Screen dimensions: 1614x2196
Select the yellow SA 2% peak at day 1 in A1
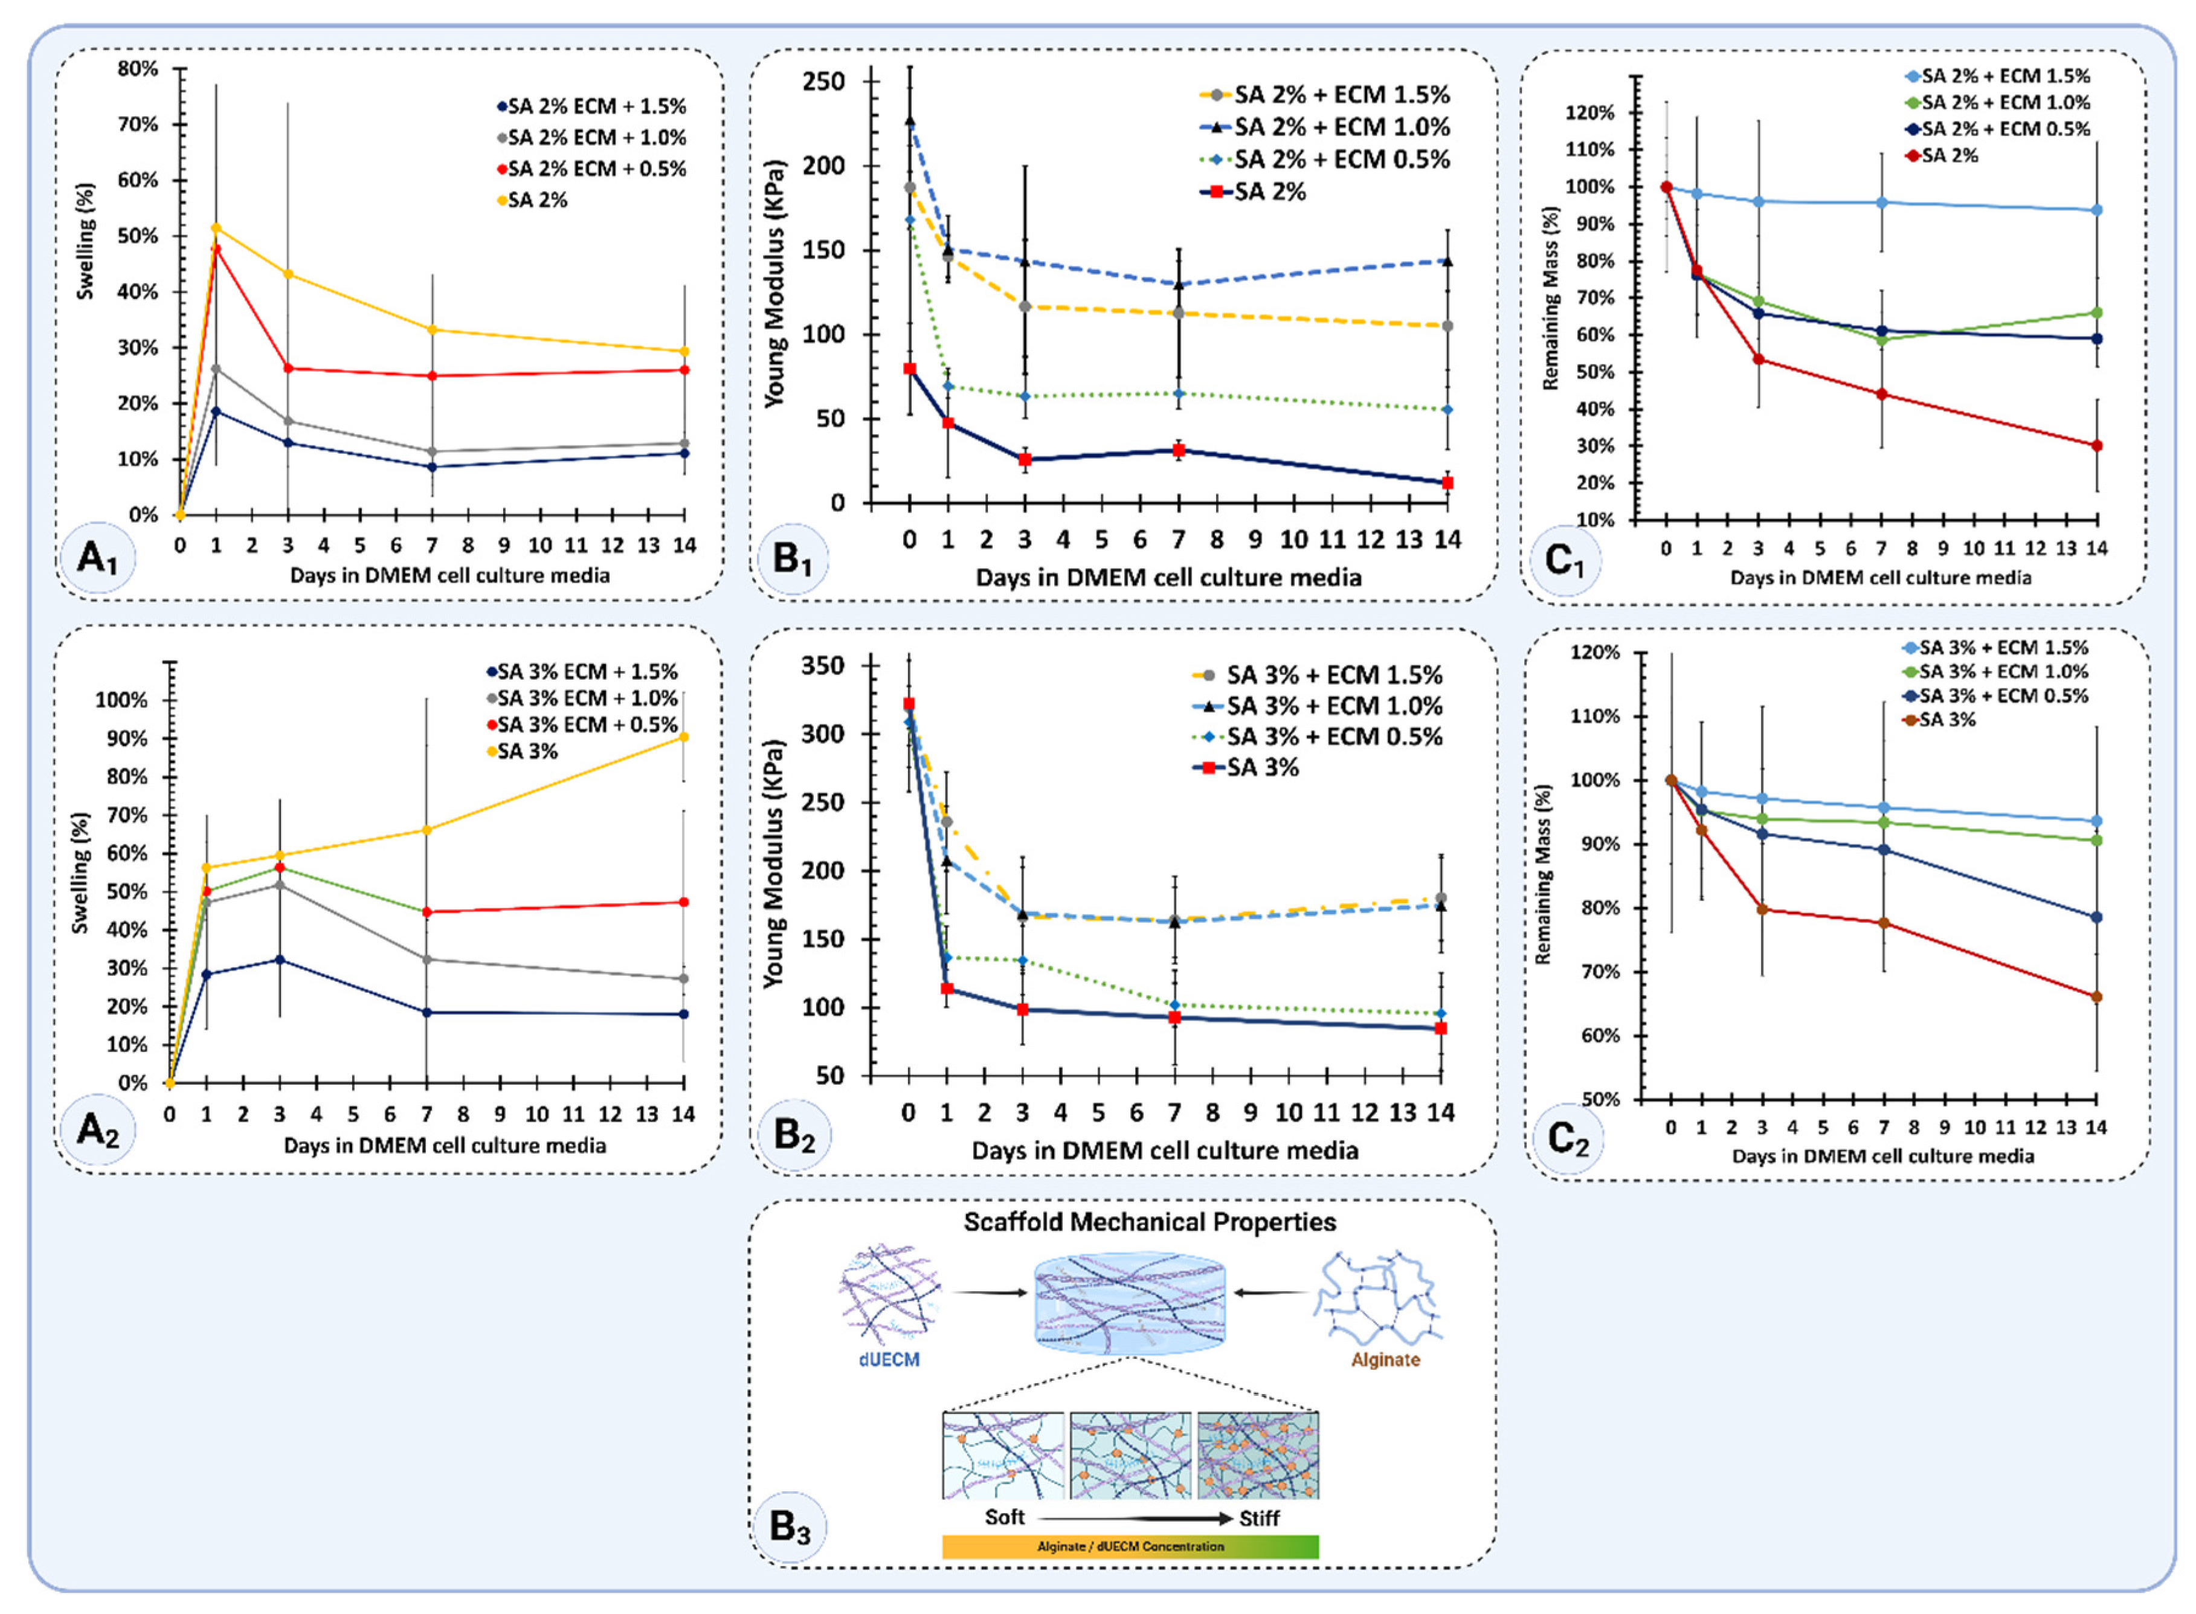point(216,228)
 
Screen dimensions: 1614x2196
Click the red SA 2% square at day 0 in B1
point(909,369)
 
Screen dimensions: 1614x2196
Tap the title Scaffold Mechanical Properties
point(1150,1222)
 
